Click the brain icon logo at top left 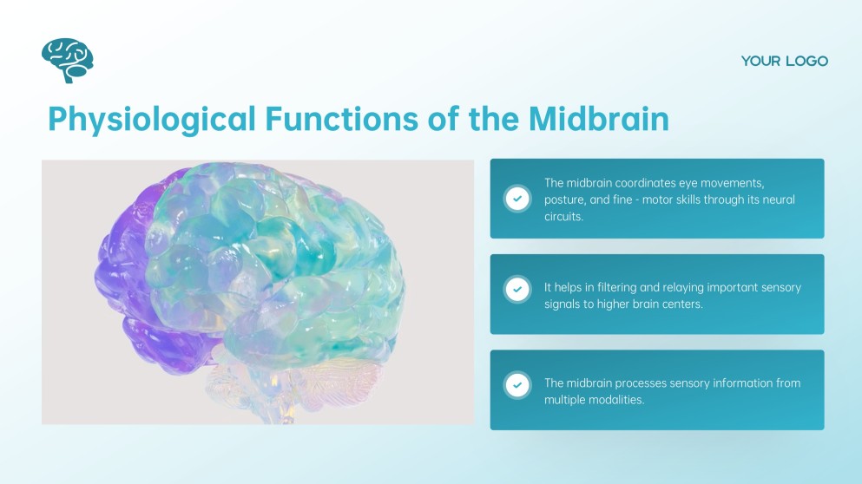pos(67,60)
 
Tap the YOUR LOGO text pos(784,61)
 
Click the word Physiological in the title pos(152,119)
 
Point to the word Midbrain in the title pos(598,119)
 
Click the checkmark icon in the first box pos(517,199)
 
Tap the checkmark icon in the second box pos(517,289)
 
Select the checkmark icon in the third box pos(517,385)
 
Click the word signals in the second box pos(564,304)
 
